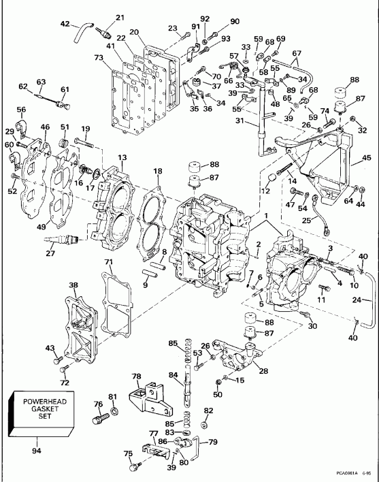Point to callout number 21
[x=120, y=17]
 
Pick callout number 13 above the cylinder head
[x=122, y=157]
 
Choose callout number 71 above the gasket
[x=108, y=261]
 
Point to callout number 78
[x=136, y=376]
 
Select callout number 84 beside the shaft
[x=174, y=374]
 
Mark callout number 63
[x=43, y=81]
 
